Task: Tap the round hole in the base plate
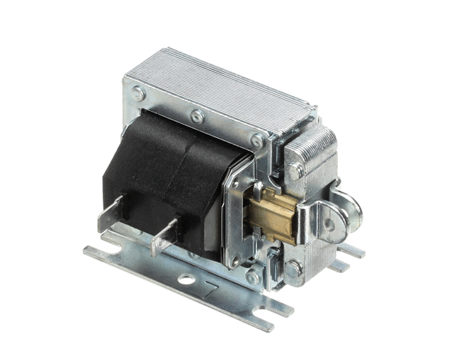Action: tap(185, 280)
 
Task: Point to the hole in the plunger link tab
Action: tap(327, 223)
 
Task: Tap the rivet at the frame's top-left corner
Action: tap(139, 94)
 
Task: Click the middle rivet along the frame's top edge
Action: tap(196, 116)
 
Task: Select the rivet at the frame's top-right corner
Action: tap(256, 139)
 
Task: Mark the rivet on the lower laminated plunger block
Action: tap(292, 267)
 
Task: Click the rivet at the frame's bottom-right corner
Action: tap(253, 277)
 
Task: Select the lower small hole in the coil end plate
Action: tap(236, 259)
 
